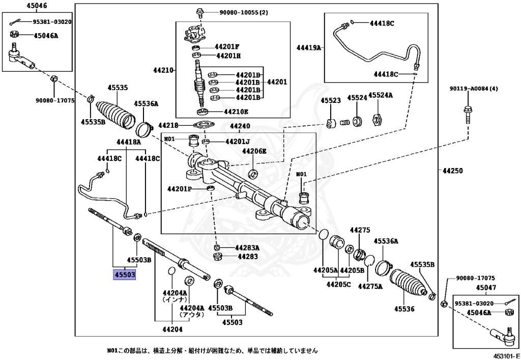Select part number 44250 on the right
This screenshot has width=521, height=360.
click(x=452, y=171)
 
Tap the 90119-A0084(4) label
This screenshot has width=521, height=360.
click(x=474, y=89)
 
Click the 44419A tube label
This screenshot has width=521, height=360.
click(x=309, y=47)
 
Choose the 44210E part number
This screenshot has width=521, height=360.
click(x=236, y=112)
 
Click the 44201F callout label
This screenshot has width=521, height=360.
click(x=227, y=46)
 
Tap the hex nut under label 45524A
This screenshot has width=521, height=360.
click(x=378, y=121)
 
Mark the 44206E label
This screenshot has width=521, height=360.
click(x=254, y=151)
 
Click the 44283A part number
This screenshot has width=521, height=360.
click(x=247, y=248)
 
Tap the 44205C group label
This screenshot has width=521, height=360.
click(x=339, y=284)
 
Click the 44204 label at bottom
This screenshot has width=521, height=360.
click(x=172, y=330)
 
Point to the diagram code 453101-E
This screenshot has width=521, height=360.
click(x=506, y=354)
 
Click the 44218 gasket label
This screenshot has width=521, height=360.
click(x=168, y=125)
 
